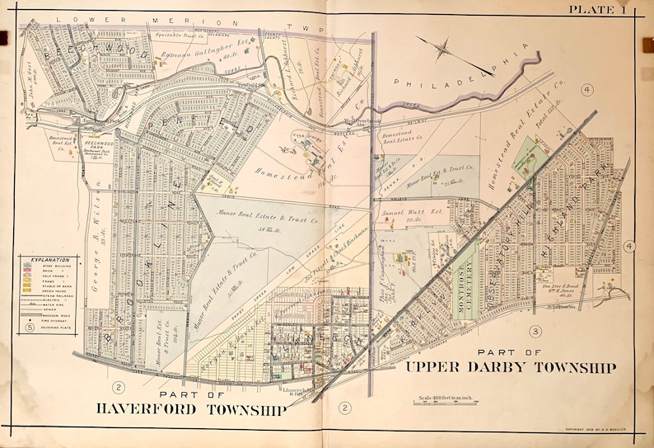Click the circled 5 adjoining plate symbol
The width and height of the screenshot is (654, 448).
[x=29, y=328]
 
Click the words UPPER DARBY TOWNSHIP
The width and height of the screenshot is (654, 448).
[x=510, y=367]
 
